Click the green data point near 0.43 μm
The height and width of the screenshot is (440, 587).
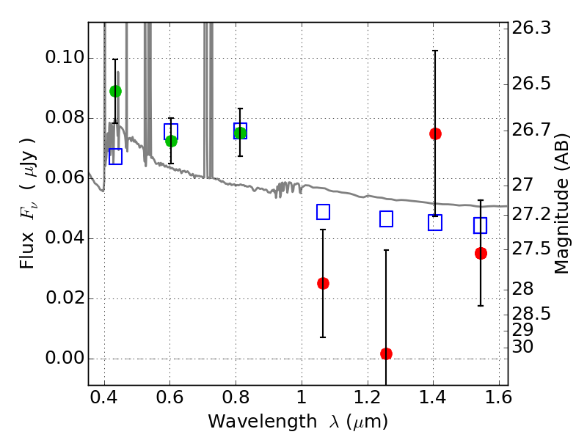(x=115, y=91)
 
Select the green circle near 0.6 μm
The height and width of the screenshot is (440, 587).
(x=171, y=141)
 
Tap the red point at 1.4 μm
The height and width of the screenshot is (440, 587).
(x=435, y=133)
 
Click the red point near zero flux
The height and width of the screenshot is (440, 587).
(x=386, y=353)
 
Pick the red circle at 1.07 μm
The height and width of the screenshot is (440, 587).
(x=323, y=283)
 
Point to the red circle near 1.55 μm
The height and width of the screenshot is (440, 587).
(x=481, y=253)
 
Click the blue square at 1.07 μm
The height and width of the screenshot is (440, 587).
(x=323, y=212)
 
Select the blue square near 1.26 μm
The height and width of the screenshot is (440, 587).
(x=386, y=219)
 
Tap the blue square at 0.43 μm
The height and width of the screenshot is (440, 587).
(x=115, y=156)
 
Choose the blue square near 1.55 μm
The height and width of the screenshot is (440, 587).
(x=481, y=225)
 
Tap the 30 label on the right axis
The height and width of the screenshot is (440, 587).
(x=525, y=346)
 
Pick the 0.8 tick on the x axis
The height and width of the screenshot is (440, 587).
(x=236, y=400)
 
